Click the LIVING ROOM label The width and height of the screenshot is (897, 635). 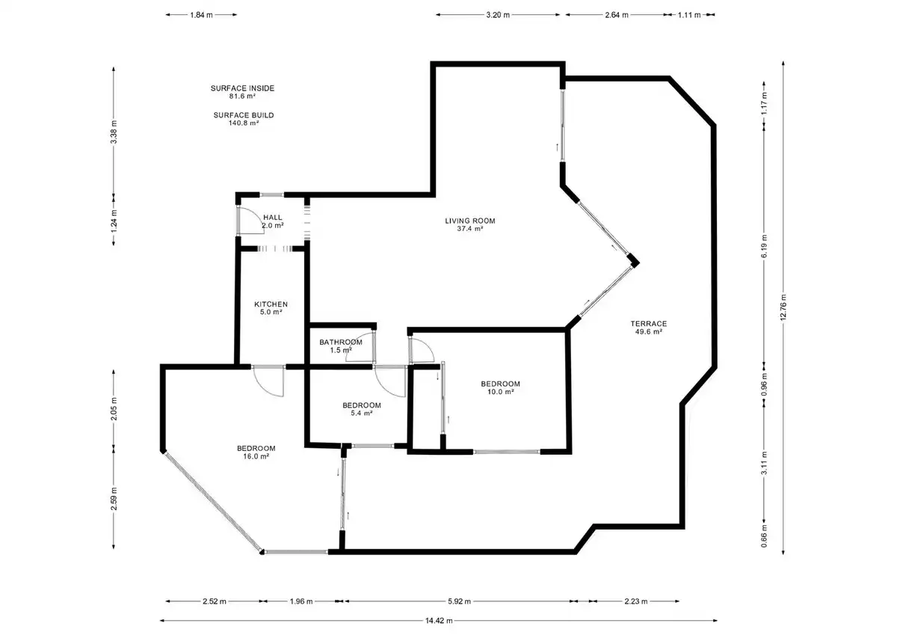pos(470,224)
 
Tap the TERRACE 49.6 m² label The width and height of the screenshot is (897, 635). pos(649,328)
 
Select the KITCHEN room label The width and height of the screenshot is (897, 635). pos(271,308)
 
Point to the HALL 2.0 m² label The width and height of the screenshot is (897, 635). pos(273,221)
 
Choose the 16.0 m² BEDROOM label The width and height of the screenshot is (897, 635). pos(256,452)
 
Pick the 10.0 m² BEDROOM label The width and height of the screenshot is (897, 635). pos(501,387)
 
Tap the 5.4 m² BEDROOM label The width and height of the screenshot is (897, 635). pos(362,409)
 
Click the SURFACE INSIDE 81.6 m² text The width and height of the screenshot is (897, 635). pos(243,92)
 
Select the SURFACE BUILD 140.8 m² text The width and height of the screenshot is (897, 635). pos(244,119)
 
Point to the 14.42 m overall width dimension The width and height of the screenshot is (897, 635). pos(439,621)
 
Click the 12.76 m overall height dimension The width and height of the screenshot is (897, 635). pos(783,307)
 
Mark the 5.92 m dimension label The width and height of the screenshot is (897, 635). pos(459,601)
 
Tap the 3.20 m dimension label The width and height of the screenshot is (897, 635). pos(498,15)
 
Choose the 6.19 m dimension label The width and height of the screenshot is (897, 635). pos(764,246)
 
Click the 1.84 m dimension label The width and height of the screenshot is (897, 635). pos(201,15)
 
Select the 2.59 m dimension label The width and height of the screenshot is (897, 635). pos(114,499)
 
